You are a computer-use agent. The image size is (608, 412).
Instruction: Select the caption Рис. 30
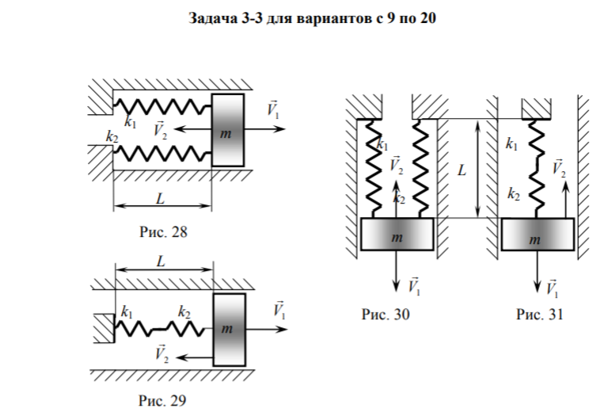pos(386,315)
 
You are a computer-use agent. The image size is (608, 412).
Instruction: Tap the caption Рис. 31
pos(540,315)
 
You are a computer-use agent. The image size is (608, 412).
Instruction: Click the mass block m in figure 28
pos(227,131)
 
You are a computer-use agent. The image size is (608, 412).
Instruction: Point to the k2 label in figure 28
pos(112,136)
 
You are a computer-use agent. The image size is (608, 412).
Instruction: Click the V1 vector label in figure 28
pos(273,109)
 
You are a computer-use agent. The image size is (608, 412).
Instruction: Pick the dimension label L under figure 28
pos(161,199)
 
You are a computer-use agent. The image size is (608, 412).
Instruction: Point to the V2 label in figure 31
pos(558,167)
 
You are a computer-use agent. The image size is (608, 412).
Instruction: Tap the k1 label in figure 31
pos(511,144)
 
